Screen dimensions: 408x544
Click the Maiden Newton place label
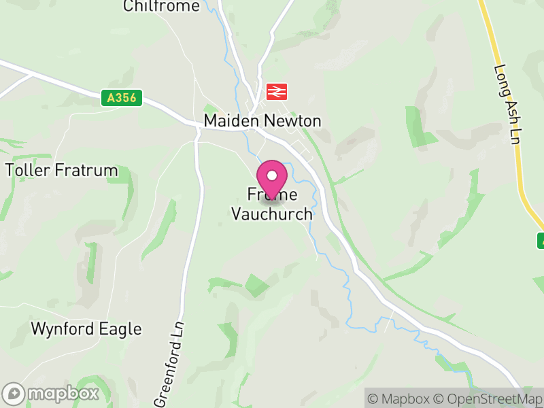pyautogui.click(x=262, y=121)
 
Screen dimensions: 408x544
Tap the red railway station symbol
pyautogui.click(x=277, y=91)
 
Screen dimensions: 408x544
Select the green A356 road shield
pyautogui.click(x=122, y=99)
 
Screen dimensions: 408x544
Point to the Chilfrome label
pyautogui.click(x=162, y=6)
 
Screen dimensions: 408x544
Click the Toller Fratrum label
pyautogui.click(x=61, y=170)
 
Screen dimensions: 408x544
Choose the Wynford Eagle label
pyautogui.click(x=86, y=329)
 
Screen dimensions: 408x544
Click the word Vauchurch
pyautogui.click(x=272, y=214)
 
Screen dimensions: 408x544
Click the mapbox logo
pyautogui.click(x=52, y=393)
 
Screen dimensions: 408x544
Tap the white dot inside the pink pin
pyautogui.click(x=272, y=175)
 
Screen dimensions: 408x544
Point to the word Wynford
pyautogui.click(x=60, y=329)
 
